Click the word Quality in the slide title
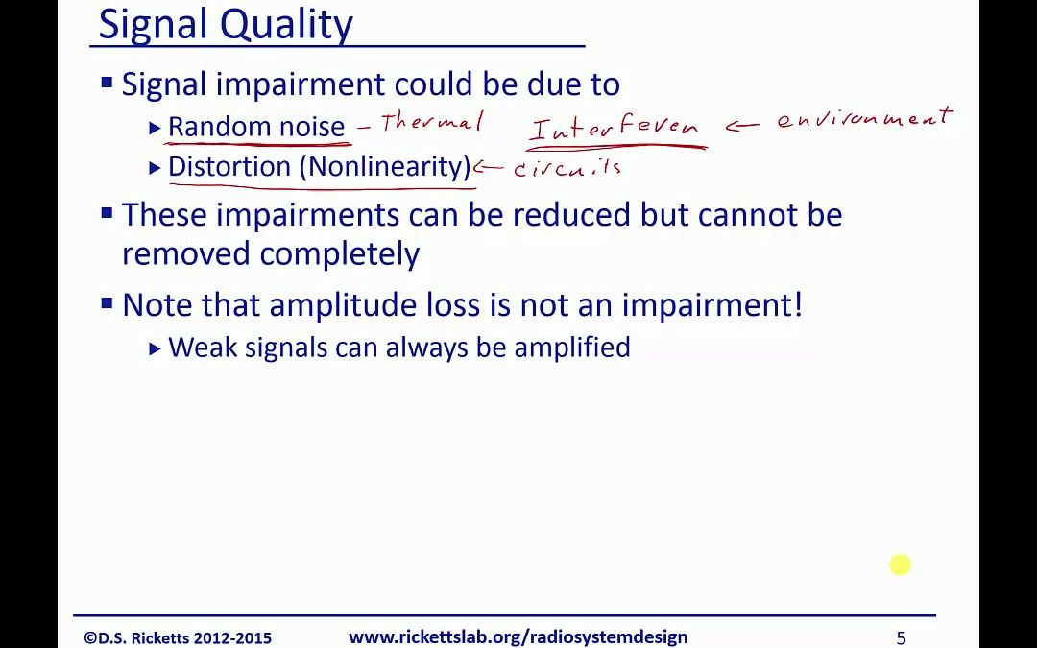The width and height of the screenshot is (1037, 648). [x=286, y=26]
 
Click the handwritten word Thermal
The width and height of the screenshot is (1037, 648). [x=431, y=123]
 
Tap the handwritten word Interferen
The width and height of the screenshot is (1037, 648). [x=615, y=128]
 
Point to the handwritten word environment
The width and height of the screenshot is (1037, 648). [x=865, y=119]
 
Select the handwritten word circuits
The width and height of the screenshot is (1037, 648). [x=567, y=168]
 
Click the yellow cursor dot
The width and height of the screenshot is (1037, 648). [x=900, y=564]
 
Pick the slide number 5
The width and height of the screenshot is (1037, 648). [x=901, y=638]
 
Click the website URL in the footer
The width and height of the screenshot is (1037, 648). [x=518, y=636]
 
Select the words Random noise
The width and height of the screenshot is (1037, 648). [x=256, y=127]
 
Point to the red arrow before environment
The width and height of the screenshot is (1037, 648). [x=744, y=127]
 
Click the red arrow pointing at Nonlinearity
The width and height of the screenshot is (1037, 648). [x=490, y=168]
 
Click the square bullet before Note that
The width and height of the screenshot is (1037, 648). [x=107, y=303]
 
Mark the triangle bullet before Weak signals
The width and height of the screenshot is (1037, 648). [x=156, y=348]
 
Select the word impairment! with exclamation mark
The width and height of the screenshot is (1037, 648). [x=711, y=305]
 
